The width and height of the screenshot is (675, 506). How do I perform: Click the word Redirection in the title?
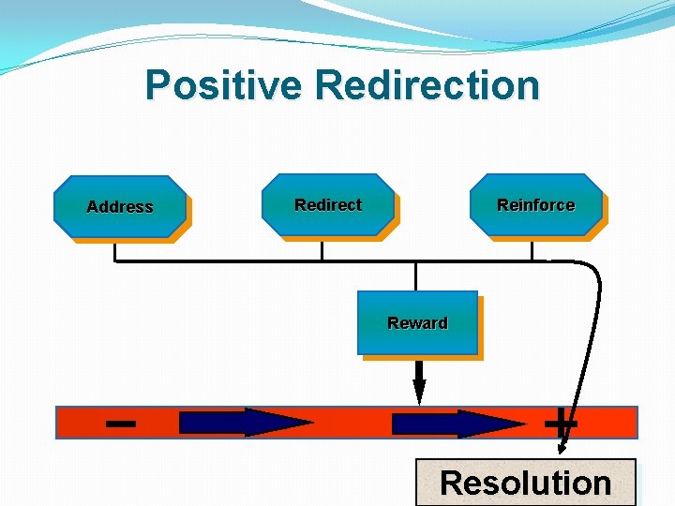(427, 85)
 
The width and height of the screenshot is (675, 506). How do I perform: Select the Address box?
(120, 206)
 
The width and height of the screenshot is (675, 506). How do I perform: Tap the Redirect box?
(328, 204)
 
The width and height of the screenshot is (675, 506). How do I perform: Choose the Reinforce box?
(535, 204)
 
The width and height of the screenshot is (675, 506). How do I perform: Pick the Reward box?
(417, 322)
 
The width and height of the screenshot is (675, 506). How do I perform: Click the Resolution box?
(525, 483)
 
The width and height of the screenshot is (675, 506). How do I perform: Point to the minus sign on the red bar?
(120, 424)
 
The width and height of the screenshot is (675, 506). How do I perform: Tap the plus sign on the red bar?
(561, 423)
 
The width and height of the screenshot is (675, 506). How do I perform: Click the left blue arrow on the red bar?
(246, 423)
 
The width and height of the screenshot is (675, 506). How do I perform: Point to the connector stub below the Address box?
(114, 251)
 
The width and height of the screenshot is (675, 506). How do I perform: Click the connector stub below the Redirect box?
(322, 250)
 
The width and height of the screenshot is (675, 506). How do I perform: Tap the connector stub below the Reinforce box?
(532, 250)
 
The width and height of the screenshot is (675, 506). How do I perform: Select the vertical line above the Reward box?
(415, 275)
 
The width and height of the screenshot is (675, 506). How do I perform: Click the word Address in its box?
(120, 207)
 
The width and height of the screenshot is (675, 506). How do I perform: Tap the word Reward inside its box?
(417, 323)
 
